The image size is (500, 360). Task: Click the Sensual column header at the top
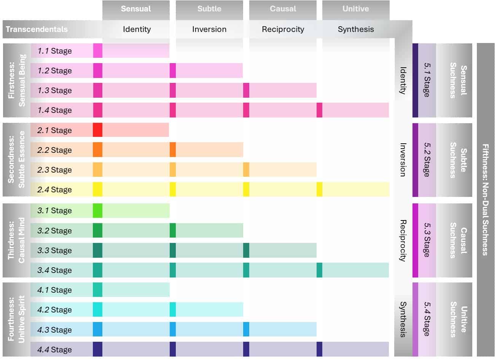[x=136, y=9]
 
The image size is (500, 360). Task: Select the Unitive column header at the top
[x=355, y=9]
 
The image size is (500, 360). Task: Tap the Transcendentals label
[x=37, y=29]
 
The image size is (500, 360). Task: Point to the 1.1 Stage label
[x=54, y=51]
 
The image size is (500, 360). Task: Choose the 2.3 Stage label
[x=54, y=170]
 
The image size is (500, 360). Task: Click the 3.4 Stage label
[x=54, y=270]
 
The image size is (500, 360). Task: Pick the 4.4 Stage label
[x=54, y=350]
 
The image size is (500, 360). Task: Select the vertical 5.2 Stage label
[x=427, y=160]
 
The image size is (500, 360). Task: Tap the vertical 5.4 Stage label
[x=427, y=319]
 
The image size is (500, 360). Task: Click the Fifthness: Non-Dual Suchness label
[x=485, y=200]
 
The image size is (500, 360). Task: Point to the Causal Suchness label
[x=458, y=240]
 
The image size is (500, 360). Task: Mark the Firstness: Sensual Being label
[x=17, y=80]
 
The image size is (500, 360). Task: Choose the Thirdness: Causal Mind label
[x=17, y=240]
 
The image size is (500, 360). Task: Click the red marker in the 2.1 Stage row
[x=97, y=130]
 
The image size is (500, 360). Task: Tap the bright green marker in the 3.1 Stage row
[x=97, y=211]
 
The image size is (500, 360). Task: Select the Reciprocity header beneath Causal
[x=283, y=29]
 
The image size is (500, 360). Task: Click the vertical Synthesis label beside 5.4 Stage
[x=403, y=319]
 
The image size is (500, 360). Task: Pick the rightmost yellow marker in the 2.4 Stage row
[x=320, y=189]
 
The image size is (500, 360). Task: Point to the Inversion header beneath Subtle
[x=209, y=29]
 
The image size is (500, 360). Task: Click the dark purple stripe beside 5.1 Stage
[x=415, y=80]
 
